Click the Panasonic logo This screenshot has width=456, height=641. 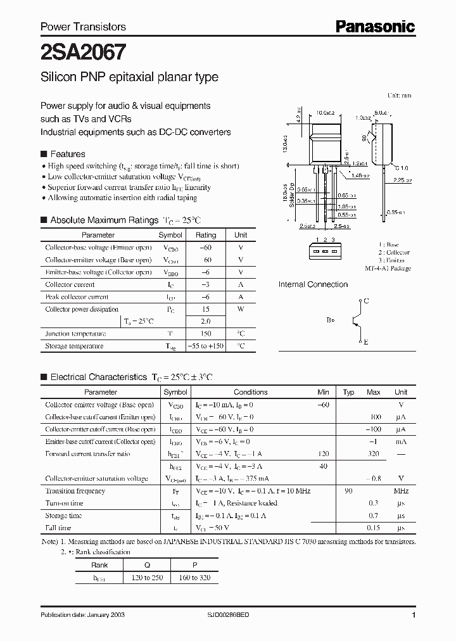pyautogui.click(x=375, y=26)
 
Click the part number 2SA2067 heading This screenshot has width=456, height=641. pyautogui.click(x=83, y=51)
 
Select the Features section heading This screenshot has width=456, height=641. pyautogui.click(x=67, y=154)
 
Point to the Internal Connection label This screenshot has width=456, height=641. pyautogui.click(x=313, y=284)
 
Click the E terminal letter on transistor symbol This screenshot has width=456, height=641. pyautogui.click(x=365, y=342)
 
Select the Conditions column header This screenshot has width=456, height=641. pyautogui.click(x=250, y=393)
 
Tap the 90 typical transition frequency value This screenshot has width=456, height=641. pyautogui.click(x=348, y=491)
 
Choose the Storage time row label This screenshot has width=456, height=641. pyautogui.click(x=63, y=516)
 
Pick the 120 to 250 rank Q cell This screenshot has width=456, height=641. pyautogui.click(x=146, y=577)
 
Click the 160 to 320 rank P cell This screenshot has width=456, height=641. pyautogui.click(x=195, y=577)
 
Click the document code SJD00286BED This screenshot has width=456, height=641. pyautogui.click(x=233, y=615)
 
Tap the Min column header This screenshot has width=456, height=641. pyautogui.click(x=324, y=393)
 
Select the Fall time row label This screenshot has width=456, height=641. pyautogui.click(x=58, y=528)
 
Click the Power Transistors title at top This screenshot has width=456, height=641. pyautogui.click(x=83, y=27)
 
